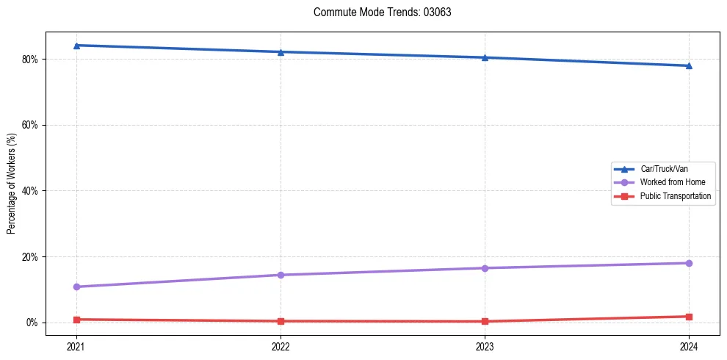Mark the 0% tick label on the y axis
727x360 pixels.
(32, 323)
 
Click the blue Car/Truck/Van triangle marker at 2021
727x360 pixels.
(76, 46)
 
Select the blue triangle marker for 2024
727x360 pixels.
(689, 65)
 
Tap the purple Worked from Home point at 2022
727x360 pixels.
(281, 275)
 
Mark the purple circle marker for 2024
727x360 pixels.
(689, 263)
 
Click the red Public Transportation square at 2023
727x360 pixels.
(485, 321)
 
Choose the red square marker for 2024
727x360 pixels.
(689, 317)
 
